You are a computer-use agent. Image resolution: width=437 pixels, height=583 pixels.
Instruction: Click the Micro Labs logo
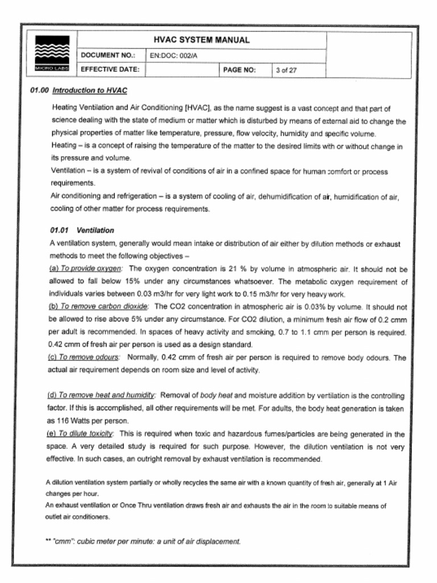(x=52, y=54)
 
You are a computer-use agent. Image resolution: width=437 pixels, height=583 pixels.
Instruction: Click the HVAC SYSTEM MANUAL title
(x=201, y=40)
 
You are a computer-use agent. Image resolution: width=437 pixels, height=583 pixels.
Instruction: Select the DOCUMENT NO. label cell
(x=108, y=56)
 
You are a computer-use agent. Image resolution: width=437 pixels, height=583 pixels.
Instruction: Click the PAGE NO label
(x=240, y=71)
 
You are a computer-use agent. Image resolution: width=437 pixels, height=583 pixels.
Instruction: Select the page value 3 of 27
(x=286, y=71)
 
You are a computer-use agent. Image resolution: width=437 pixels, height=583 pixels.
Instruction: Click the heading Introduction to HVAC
(x=89, y=91)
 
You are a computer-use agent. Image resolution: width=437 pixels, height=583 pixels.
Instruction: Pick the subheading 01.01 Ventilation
(x=82, y=231)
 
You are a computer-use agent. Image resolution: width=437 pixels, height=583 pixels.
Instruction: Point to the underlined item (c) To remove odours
(x=83, y=358)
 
